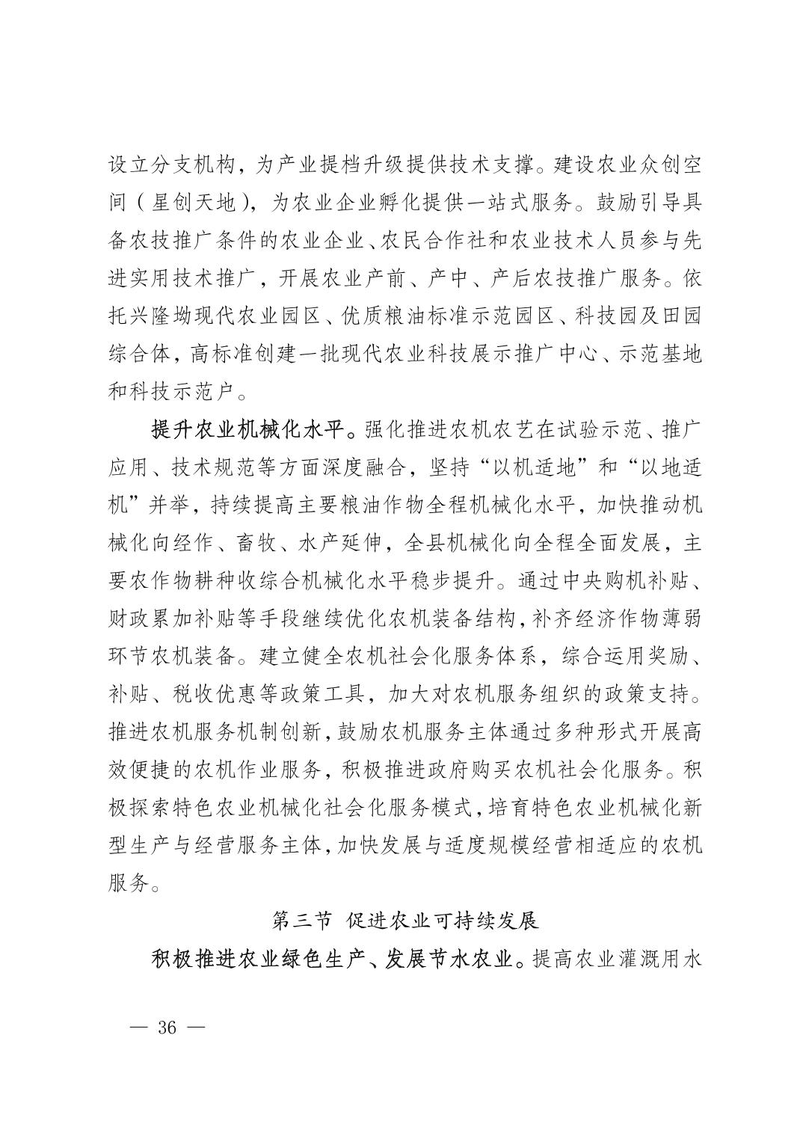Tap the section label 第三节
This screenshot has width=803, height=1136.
[x=301, y=920]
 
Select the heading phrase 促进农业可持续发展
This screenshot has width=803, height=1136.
[x=443, y=920]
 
